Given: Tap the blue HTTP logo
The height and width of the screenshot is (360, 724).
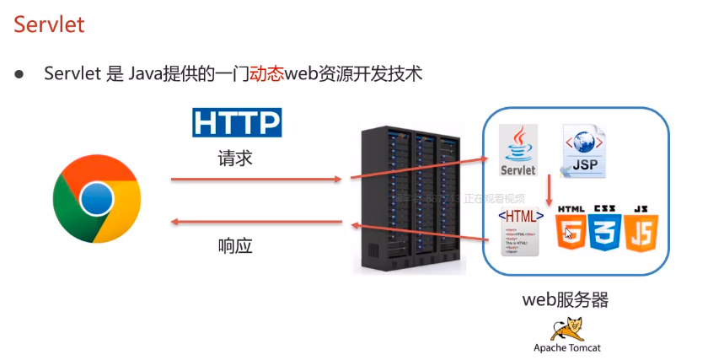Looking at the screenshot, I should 236,122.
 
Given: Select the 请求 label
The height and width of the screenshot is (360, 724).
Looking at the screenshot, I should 235,159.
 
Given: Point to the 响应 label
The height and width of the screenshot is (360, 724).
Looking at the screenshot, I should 235,246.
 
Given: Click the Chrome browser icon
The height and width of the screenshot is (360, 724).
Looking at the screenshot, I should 96,199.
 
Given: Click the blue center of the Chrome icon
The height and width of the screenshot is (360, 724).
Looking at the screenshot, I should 96,199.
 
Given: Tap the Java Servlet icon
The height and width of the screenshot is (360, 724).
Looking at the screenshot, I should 518,152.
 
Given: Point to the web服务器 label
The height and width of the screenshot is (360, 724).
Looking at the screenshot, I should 566,299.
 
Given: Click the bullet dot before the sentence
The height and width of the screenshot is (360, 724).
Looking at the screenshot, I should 19,74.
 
